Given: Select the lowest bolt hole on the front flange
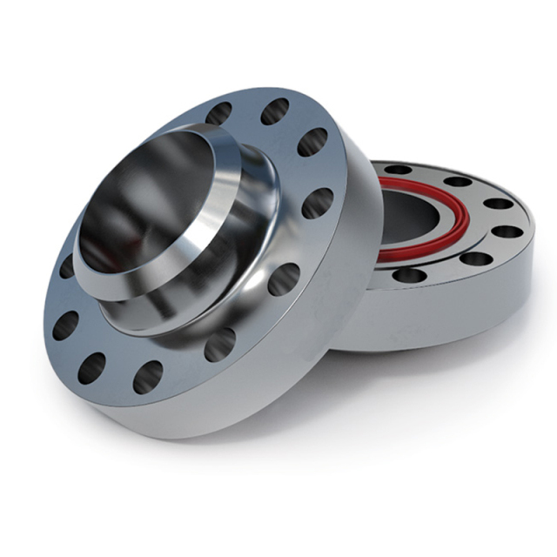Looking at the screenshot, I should (x=147, y=376).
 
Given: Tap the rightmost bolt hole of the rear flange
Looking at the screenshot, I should (x=507, y=232).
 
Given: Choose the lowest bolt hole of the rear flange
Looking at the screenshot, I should (x=410, y=276).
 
